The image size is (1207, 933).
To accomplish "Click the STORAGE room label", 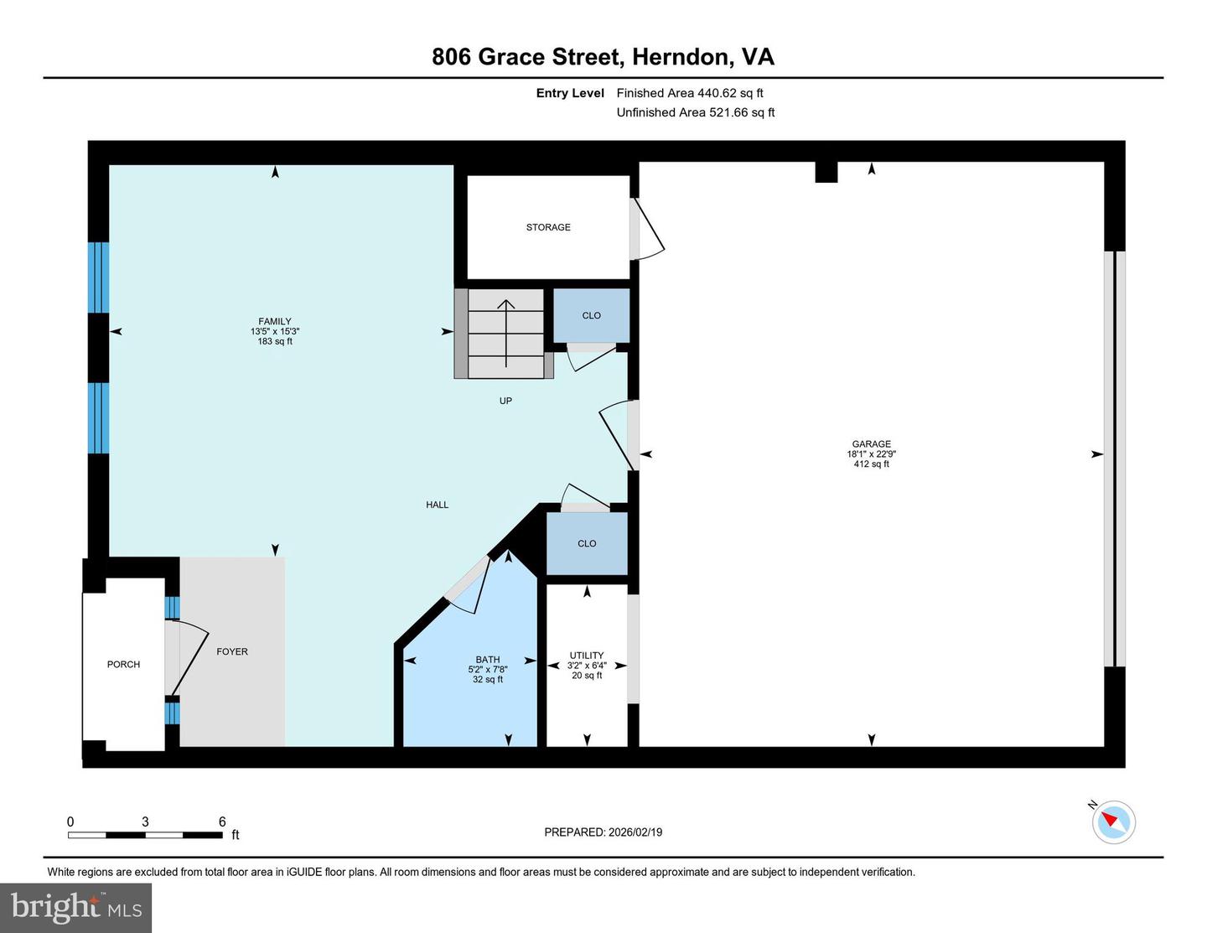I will pos(548,227).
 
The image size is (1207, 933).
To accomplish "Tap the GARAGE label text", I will pos(871,444).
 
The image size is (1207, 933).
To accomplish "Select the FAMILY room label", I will pos(275,321).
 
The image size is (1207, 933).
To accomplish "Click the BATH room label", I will pos(488,660).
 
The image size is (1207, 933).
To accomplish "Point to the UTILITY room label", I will pos(587,656).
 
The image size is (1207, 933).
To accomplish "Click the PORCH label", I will pos(123,664).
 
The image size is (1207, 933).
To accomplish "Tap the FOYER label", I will pos(232,651).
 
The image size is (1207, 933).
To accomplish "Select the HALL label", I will pos(437,505).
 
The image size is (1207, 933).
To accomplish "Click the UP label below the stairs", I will pos(505,401).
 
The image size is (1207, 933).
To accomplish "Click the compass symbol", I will pos(1113,822).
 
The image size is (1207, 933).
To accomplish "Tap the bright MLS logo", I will pos(75,908).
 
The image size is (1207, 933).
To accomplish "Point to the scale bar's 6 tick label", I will pos(222,822).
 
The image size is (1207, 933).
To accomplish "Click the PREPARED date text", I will pos(603,832).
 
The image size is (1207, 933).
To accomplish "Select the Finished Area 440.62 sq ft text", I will pos(690,93).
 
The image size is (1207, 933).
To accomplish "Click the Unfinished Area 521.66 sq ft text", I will pos(696,112).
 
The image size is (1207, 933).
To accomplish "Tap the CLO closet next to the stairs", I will pos(591,315).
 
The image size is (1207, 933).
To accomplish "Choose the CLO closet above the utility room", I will pos(587,543).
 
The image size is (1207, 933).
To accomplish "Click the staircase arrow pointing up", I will pos(506,332).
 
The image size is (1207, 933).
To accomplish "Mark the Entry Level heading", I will pos(570,93).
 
